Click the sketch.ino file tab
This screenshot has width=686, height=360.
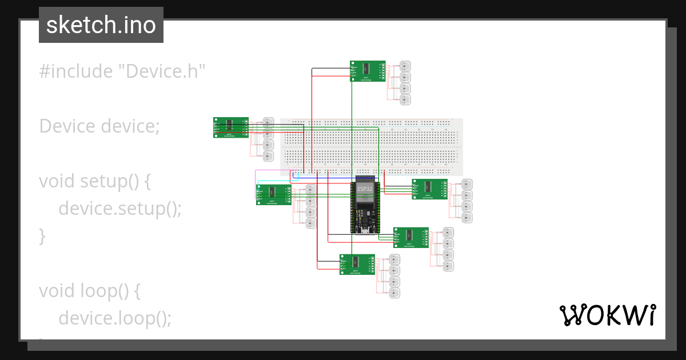coord(101,25)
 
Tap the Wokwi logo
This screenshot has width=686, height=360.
coord(607,315)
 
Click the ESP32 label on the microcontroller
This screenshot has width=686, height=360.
coord(365,189)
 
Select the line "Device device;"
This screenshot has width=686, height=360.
coord(99,126)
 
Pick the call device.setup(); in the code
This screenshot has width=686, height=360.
coord(119,209)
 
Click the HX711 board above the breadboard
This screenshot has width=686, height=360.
coord(367,71)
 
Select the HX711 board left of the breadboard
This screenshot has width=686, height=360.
coord(231,127)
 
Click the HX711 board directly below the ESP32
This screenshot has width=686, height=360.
coord(357,264)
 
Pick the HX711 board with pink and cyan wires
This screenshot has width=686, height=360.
coord(274,194)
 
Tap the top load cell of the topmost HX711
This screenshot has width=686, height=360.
coord(405,66)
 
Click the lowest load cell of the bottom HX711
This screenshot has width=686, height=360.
coord(394,293)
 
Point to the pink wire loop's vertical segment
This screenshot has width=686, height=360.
coord(256,186)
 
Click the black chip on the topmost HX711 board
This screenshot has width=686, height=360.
coord(366,69)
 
